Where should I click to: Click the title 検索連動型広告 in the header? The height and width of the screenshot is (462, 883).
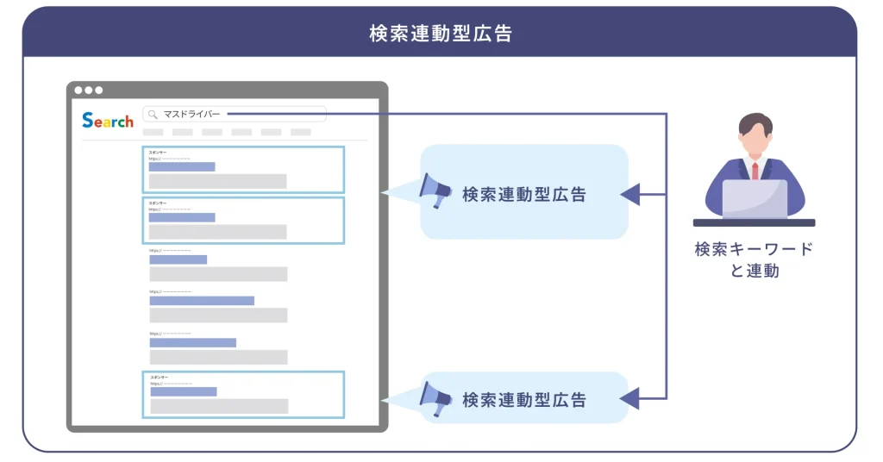tap(441, 34)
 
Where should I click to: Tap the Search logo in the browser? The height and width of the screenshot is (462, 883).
tap(108, 121)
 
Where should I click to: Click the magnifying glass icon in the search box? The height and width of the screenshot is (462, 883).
tap(153, 114)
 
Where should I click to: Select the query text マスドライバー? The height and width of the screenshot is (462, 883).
tap(191, 114)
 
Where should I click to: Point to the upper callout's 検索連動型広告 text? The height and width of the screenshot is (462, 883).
tap(523, 195)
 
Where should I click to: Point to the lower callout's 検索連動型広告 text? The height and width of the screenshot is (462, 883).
tap(523, 400)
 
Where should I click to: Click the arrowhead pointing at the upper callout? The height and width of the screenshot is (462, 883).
tap(630, 195)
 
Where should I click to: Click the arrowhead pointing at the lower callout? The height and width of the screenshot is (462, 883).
tap(630, 398)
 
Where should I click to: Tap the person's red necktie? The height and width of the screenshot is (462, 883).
tap(755, 170)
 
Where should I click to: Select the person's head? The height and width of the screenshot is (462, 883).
tap(755, 134)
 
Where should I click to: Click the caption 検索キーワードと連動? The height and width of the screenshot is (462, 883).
tap(754, 259)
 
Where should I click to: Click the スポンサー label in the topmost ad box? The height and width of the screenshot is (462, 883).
tap(158, 152)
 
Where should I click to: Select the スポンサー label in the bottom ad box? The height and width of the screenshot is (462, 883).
tap(160, 377)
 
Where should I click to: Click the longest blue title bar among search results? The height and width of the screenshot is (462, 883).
tap(202, 301)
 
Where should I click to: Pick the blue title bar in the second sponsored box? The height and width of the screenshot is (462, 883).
tap(182, 218)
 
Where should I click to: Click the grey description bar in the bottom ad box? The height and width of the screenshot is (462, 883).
tap(219, 406)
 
